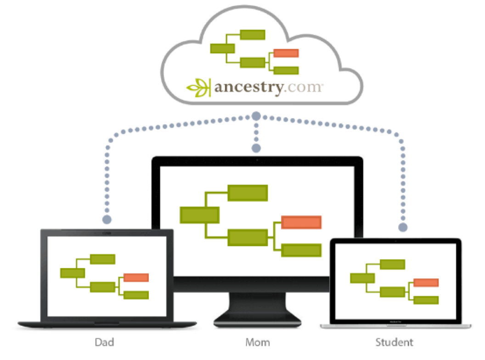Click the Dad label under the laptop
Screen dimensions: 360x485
pyautogui.click(x=104, y=342)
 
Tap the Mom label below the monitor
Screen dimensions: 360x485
pyautogui.click(x=258, y=342)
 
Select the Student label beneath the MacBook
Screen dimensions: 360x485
pyautogui.click(x=394, y=342)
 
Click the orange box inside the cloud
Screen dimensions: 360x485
pyautogui.click(x=286, y=53)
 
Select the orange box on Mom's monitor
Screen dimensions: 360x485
pyautogui.click(x=301, y=222)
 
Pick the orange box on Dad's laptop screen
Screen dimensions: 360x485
pyautogui.click(x=136, y=277)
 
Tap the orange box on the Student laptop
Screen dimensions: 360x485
pyautogui.click(x=426, y=282)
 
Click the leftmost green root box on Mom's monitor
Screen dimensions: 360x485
pyautogui.click(x=199, y=215)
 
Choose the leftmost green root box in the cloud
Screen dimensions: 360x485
pyautogui.click(x=222, y=48)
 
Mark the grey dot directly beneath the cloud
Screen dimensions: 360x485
pyautogui.click(x=256, y=115)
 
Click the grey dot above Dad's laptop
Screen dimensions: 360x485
pyautogui.click(x=107, y=219)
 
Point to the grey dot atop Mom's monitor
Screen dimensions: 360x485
pyautogui.click(x=256, y=148)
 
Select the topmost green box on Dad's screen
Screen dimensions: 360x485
pyautogui.click(x=102, y=259)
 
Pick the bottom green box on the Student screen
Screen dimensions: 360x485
pyautogui.click(x=426, y=300)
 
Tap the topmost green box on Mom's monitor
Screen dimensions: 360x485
pyautogui.click(x=248, y=193)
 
